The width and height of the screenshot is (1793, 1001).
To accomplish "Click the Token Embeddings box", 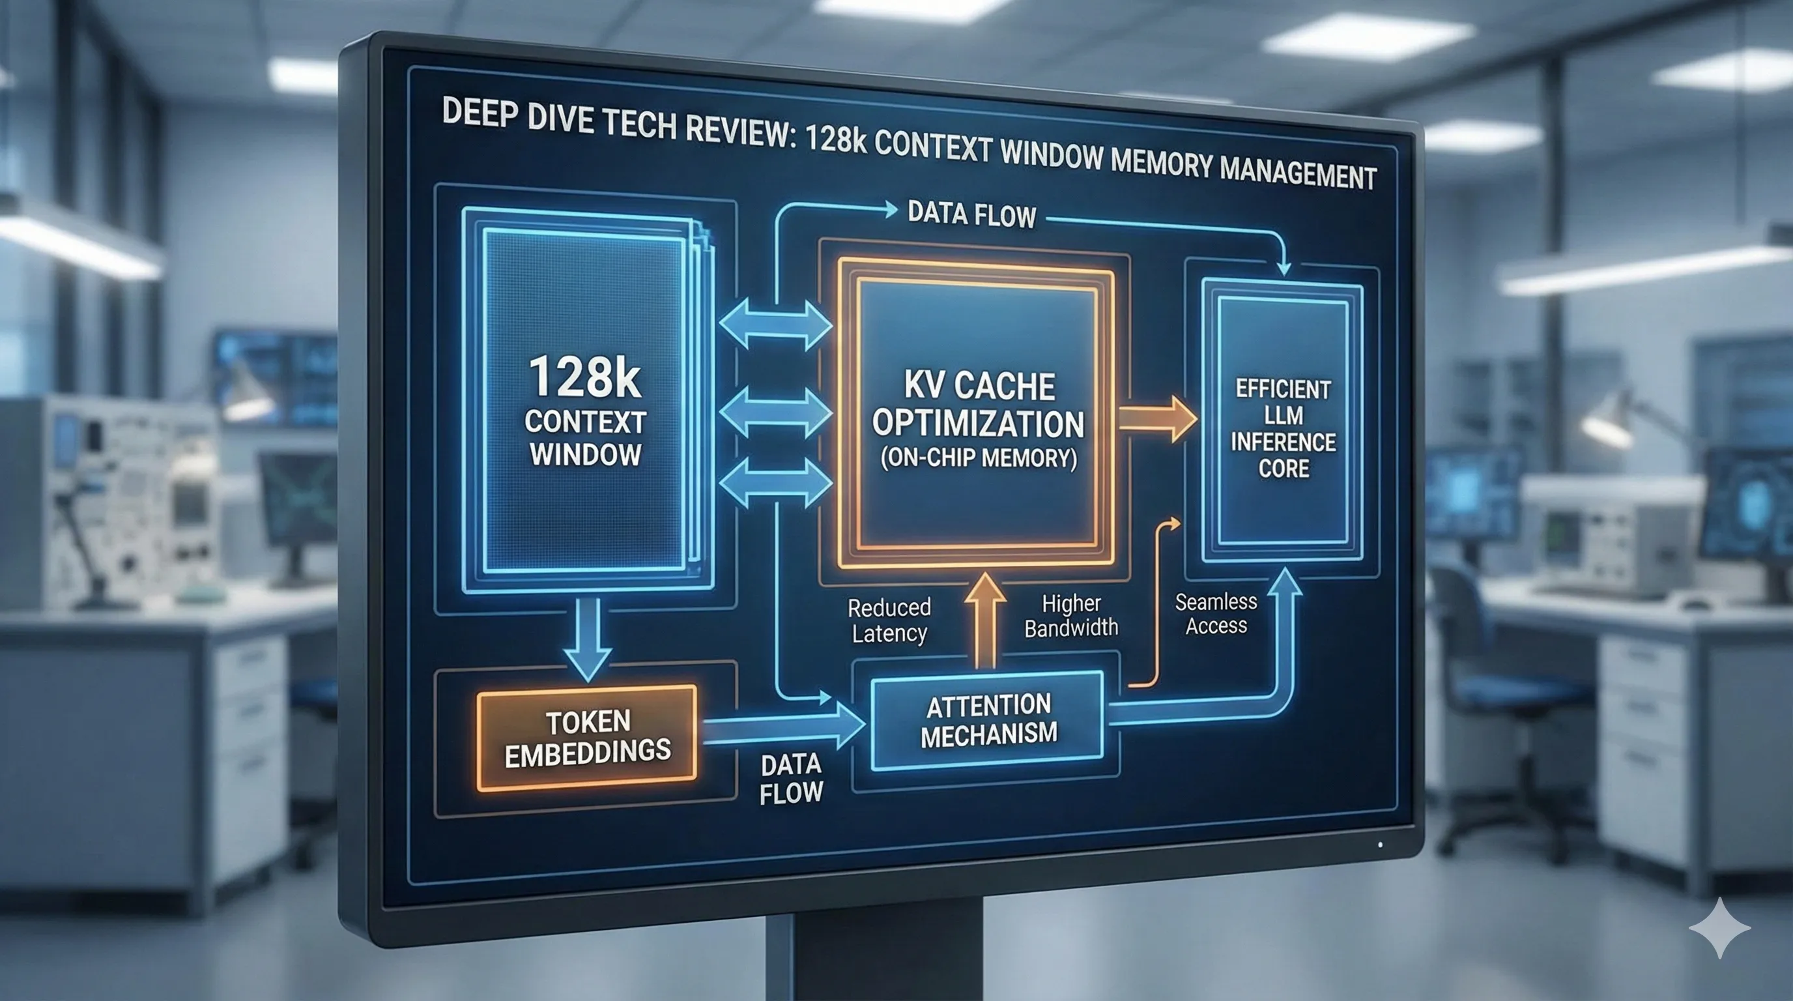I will coord(587,737).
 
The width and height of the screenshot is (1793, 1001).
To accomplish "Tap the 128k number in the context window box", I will coord(584,378).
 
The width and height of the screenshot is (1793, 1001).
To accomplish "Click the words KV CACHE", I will coord(979,386).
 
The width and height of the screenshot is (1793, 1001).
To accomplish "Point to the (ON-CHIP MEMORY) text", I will coord(979,458).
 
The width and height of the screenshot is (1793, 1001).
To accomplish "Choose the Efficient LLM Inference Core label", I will coord(1283,428).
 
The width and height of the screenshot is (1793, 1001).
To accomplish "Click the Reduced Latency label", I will coord(889,620).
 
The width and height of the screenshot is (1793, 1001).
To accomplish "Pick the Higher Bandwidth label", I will coord(1070,615).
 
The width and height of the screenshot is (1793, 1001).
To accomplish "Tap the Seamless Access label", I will coord(1216,613).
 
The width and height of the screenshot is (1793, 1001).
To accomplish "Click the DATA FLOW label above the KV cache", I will coord(971,214).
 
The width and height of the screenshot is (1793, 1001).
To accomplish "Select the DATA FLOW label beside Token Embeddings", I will coord(792,779).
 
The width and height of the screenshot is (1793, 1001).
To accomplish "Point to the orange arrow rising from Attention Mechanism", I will coord(985,619).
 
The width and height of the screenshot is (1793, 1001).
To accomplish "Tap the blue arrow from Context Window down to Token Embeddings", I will coord(588,637).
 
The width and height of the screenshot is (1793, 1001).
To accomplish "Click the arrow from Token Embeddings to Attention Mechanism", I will coord(783,728).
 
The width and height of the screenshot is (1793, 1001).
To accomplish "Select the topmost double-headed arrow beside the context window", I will coord(775,325).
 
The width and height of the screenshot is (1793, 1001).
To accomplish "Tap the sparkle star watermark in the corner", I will coord(1719,928).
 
